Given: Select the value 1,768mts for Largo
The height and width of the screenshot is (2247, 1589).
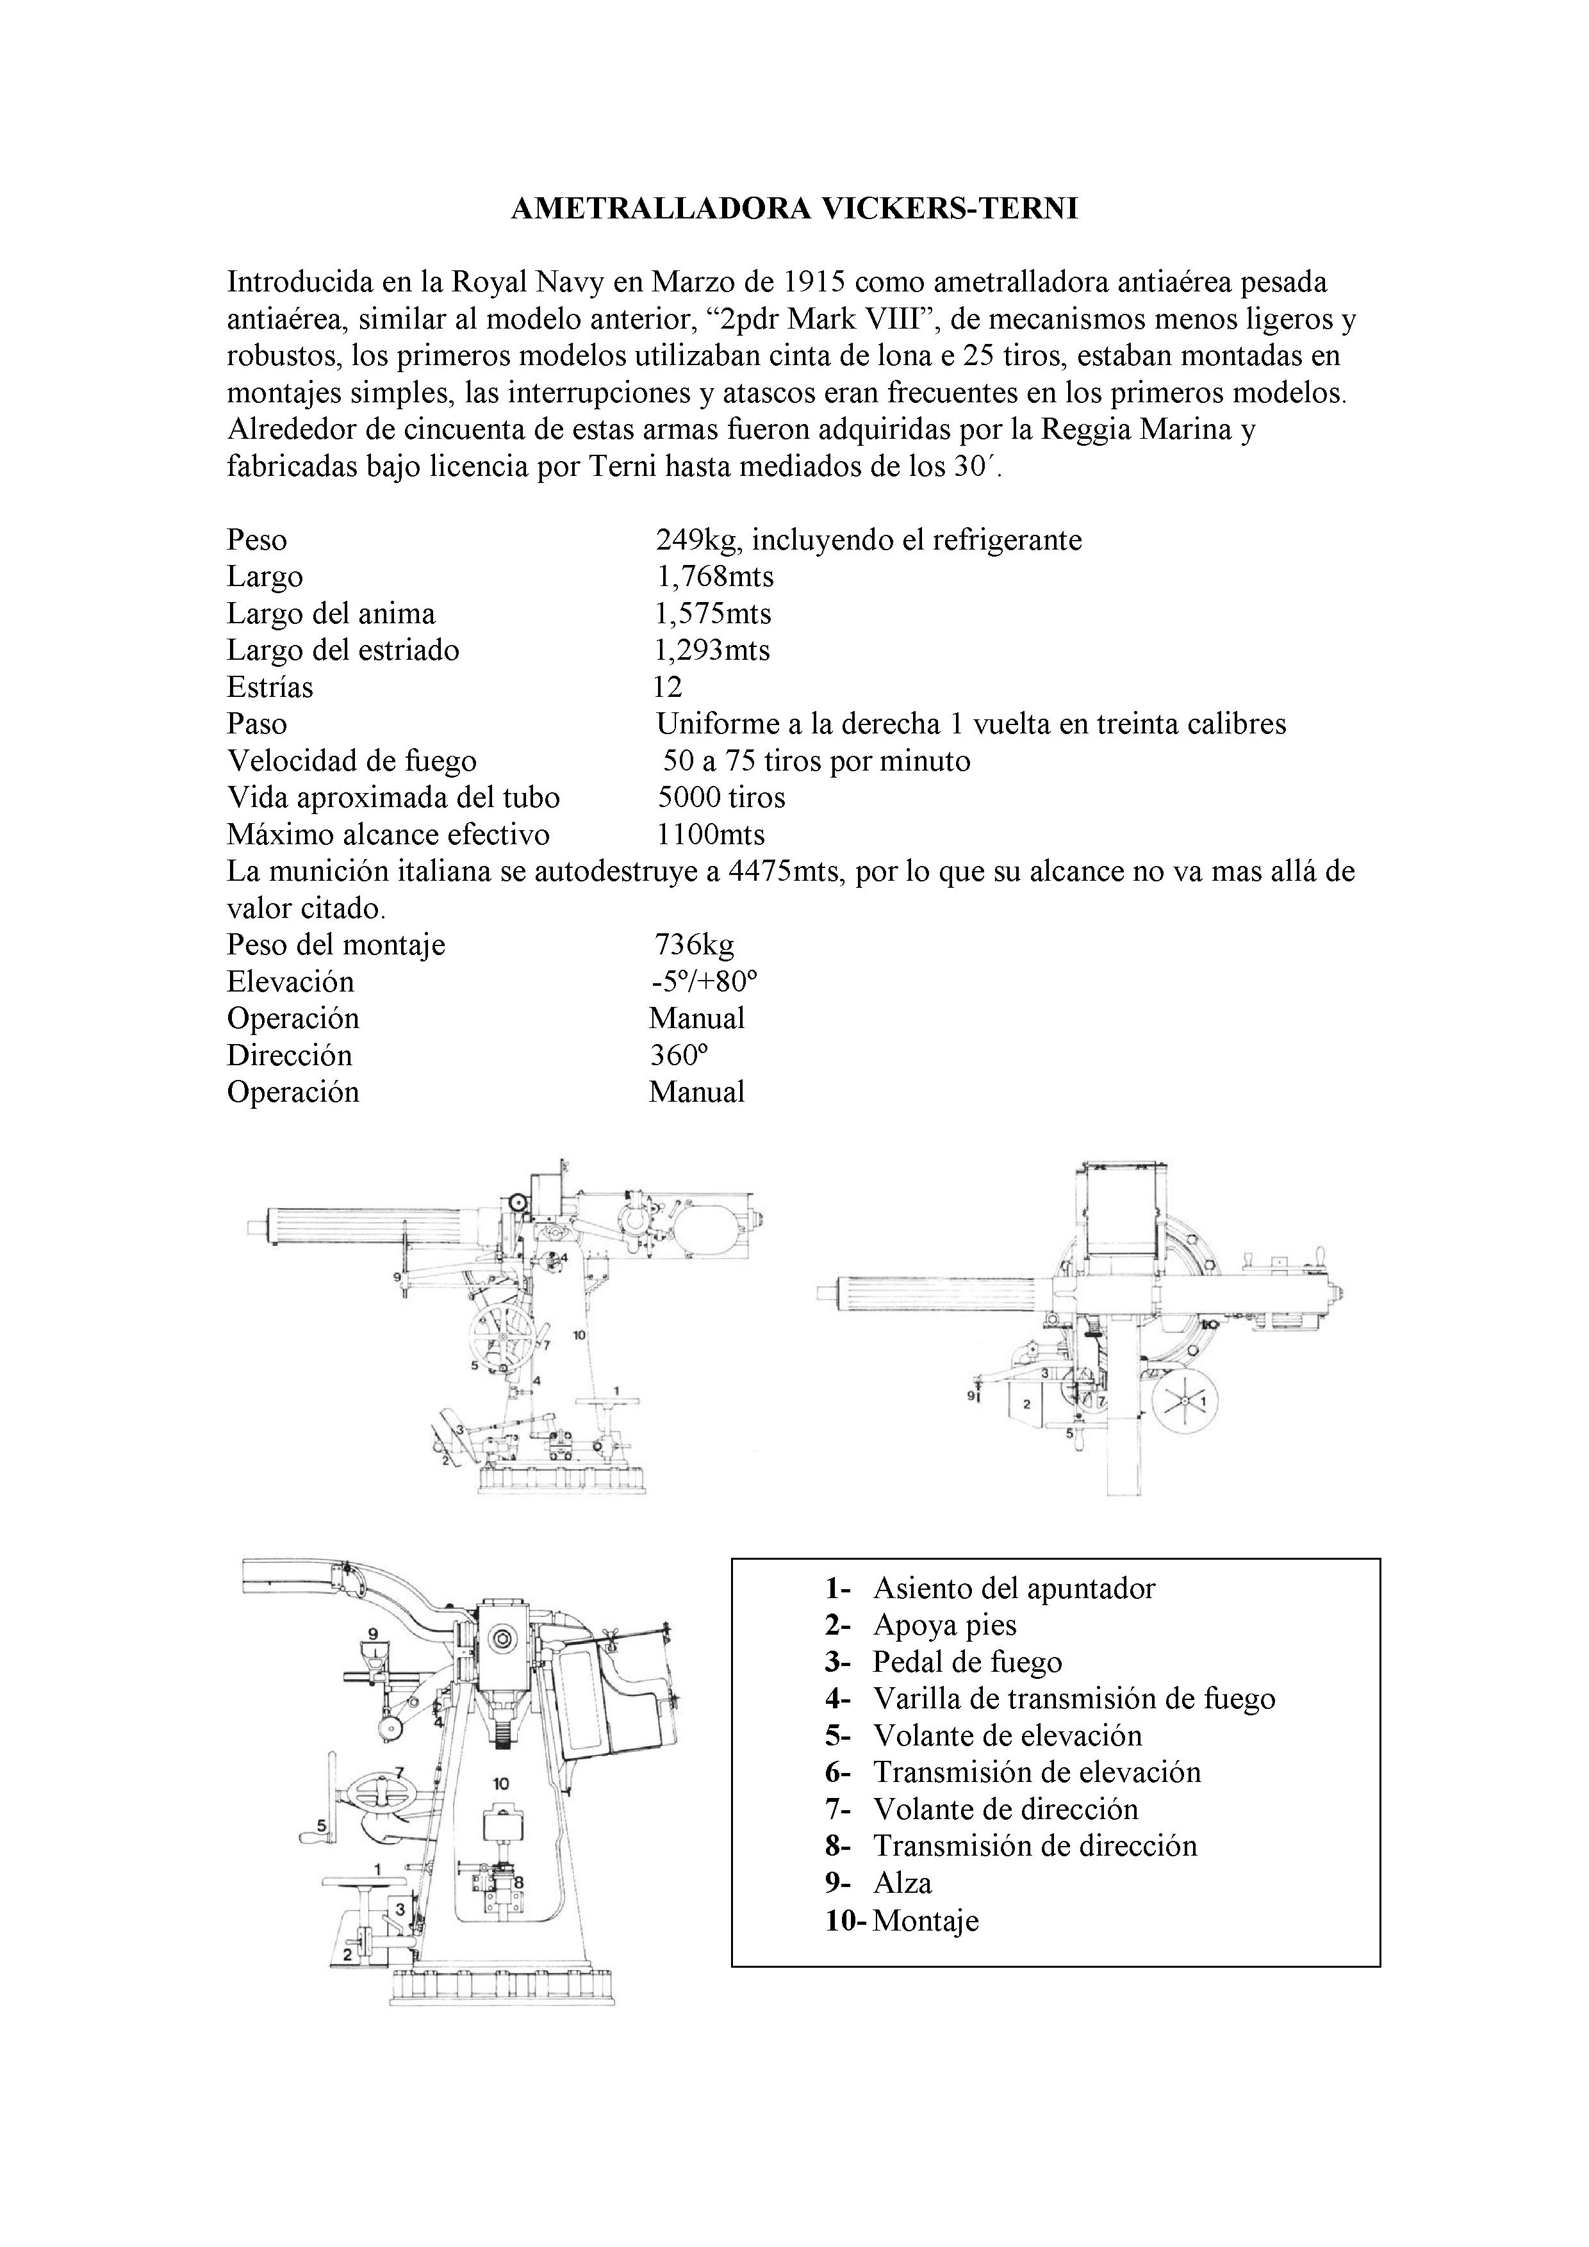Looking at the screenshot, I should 714,576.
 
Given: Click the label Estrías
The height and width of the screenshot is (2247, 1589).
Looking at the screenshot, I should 270,687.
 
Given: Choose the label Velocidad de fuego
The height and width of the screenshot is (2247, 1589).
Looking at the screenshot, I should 352,762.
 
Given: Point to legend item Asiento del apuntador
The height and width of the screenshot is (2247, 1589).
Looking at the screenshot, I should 1014,1589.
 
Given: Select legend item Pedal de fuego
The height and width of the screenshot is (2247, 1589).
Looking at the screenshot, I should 967,1662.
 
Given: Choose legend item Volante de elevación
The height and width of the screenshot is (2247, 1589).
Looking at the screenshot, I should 1007,1735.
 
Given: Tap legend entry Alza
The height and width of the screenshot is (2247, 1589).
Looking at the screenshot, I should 902,1883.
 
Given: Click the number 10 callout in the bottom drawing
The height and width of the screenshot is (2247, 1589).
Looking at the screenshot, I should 501,1782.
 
